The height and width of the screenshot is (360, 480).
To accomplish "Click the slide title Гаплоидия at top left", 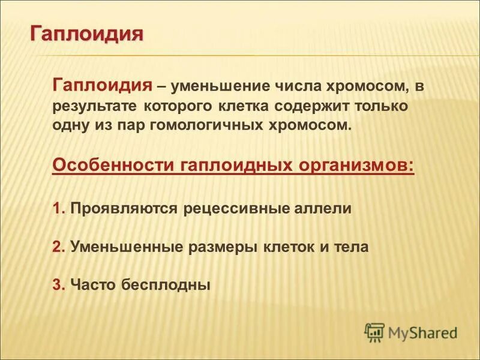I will pyautogui.click(x=87, y=32).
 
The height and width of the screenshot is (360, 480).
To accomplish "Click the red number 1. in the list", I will pyautogui.click(x=59, y=208).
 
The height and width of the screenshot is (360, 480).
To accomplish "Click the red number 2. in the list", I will pyautogui.click(x=59, y=246).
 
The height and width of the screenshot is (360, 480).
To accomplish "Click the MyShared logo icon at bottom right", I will pyautogui.click(x=374, y=331).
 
